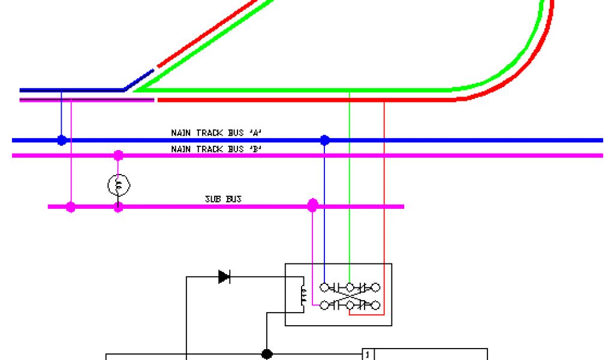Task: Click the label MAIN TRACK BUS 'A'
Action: coord(216,133)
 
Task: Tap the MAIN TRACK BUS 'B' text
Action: coord(216,148)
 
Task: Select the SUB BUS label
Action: coord(223,199)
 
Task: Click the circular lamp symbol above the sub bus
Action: coord(118,185)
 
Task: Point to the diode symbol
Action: coord(225,277)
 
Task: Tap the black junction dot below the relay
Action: coord(267,354)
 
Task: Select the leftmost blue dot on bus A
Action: coord(61,140)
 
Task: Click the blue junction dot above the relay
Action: coord(324,140)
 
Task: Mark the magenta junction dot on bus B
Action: coord(118,155)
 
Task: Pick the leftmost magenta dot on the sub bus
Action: coord(71,207)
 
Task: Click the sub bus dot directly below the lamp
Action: coord(118,207)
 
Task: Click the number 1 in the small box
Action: coord(368,354)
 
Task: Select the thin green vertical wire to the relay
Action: coord(350,180)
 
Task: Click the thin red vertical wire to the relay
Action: coord(384,180)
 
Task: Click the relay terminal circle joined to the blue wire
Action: coord(324,287)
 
